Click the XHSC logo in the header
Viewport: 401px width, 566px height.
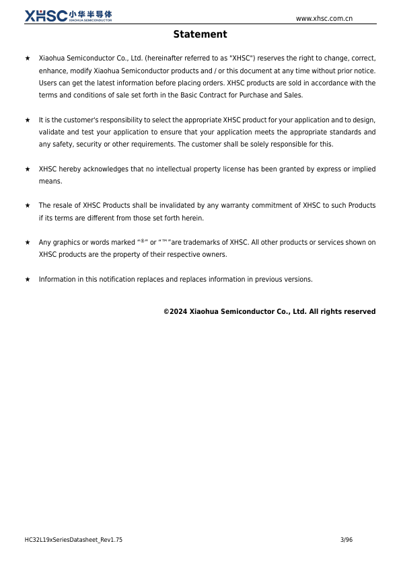coord(68,15)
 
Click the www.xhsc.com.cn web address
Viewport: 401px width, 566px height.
coord(324,18)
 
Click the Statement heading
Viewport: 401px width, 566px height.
coord(200,34)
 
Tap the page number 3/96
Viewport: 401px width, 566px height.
coord(347,540)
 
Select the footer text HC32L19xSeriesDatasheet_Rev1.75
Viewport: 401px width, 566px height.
coord(73,540)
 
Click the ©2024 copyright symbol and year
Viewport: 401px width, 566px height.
coord(175,311)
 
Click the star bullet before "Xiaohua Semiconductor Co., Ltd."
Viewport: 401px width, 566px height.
coord(28,59)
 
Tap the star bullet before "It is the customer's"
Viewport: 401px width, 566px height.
coord(28,120)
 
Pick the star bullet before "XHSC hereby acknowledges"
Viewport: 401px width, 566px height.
coord(28,169)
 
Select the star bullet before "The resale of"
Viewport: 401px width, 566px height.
coord(28,205)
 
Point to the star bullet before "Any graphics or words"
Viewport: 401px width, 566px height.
coord(28,242)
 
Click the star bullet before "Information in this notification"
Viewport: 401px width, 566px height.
coord(28,279)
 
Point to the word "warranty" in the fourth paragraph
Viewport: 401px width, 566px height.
coord(238,205)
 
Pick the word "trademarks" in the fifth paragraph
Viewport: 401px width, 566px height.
coord(205,242)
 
